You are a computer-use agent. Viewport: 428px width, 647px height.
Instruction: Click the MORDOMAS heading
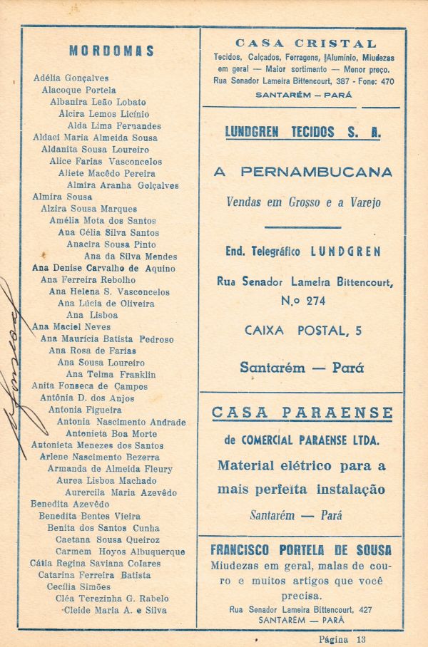tap(111, 51)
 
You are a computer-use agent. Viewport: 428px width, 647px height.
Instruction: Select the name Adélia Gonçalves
tap(71, 78)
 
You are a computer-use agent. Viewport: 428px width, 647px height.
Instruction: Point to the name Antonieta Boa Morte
tap(111, 433)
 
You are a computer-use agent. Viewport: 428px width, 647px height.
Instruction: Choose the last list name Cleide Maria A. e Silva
tap(115, 610)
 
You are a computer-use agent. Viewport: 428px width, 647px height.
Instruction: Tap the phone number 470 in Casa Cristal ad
tap(386, 81)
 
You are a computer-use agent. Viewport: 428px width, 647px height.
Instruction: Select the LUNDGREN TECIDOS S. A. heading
tap(302, 132)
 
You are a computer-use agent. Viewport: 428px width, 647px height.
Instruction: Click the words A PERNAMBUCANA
tap(302, 172)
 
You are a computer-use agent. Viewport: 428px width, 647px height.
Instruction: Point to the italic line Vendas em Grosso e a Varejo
tap(303, 202)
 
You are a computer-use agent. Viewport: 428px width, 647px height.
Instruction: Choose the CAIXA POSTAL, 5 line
tap(302, 330)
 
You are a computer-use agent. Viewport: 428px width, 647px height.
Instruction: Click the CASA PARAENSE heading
tap(302, 413)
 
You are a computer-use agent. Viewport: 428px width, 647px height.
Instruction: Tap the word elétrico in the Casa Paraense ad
tap(309, 466)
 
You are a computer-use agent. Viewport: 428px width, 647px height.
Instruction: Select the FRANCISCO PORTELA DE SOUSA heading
tap(301, 550)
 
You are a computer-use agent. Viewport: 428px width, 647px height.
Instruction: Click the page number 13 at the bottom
tap(361, 638)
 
